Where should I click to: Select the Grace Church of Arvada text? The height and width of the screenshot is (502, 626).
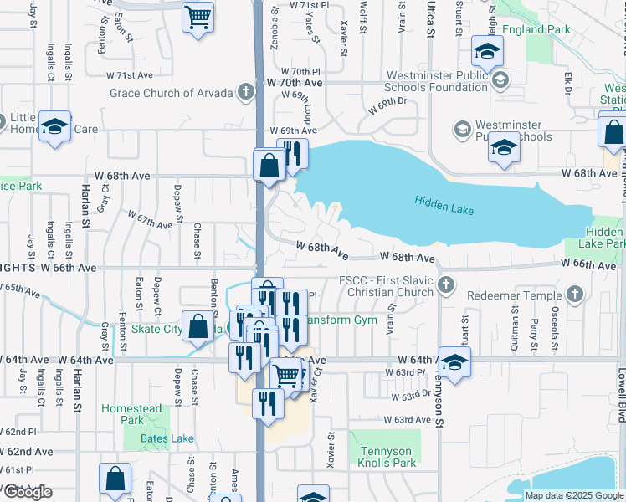tap(172, 92)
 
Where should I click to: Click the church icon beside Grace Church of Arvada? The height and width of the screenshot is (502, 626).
tap(246, 91)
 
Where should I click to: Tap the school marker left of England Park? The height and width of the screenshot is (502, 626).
tap(487, 52)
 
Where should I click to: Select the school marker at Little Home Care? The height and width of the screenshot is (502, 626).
tap(54, 127)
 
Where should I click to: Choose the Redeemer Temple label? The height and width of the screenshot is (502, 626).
tap(517, 295)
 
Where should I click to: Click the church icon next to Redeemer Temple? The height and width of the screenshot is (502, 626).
tap(573, 294)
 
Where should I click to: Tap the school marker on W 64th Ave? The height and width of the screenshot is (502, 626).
tap(454, 363)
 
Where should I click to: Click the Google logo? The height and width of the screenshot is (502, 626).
tap(28, 492)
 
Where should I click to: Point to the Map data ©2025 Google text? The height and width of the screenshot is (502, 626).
tap(574, 495)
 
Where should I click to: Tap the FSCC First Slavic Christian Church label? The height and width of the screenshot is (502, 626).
tap(386, 287)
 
